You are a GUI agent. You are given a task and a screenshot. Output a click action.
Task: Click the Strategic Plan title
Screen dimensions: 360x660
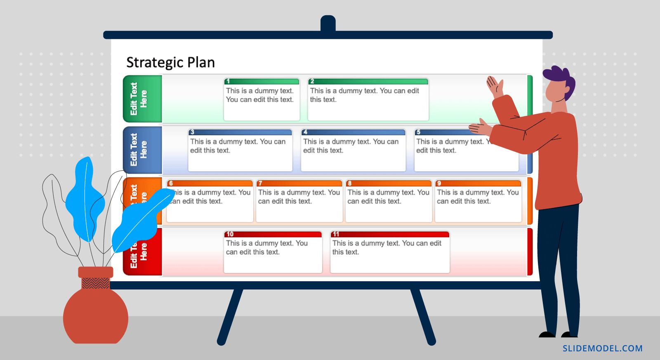[x=170, y=63]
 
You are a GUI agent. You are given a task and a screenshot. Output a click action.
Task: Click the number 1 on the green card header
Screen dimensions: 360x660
[x=228, y=81]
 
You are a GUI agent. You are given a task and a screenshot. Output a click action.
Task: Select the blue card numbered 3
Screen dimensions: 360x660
[x=240, y=151]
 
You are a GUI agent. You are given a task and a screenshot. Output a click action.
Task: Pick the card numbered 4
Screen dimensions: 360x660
[x=353, y=151]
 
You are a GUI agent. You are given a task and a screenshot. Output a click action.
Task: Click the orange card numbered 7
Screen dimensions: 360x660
[x=299, y=202]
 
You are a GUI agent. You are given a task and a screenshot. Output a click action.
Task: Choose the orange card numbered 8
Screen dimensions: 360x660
[x=388, y=202]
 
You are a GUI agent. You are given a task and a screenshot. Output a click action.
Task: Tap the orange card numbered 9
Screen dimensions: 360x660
[x=478, y=202]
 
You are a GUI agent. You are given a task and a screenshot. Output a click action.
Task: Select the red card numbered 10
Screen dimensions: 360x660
[x=273, y=252]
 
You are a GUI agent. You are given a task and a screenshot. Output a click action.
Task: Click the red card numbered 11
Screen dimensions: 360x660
[x=390, y=252]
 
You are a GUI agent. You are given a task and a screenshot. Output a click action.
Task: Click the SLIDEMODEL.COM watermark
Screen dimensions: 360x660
[x=602, y=348]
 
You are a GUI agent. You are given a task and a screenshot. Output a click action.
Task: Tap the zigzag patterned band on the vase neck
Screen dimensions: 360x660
[x=96, y=283]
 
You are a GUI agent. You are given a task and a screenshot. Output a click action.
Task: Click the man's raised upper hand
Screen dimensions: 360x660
[x=494, y=86]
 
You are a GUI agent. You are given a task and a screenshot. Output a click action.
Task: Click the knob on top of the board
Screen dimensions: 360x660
[x=328, y=23]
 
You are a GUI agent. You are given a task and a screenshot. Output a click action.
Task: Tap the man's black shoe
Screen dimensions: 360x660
[x=547, y=334]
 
